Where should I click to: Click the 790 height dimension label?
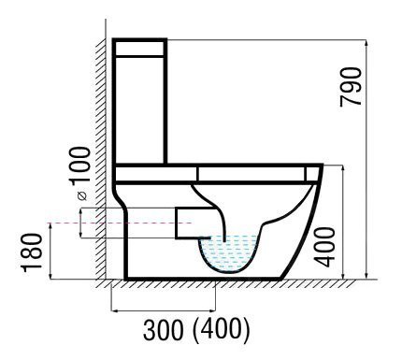[351, 87]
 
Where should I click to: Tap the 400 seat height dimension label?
[324, 248]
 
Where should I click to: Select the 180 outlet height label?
[31, 252]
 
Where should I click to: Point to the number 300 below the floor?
[164, 329]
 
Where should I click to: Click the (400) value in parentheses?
[222, 329]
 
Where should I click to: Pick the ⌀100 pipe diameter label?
[79, 173]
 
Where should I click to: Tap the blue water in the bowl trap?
[229, 253]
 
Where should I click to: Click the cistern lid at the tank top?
[139, 49]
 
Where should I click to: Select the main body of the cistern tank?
[139, 109]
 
